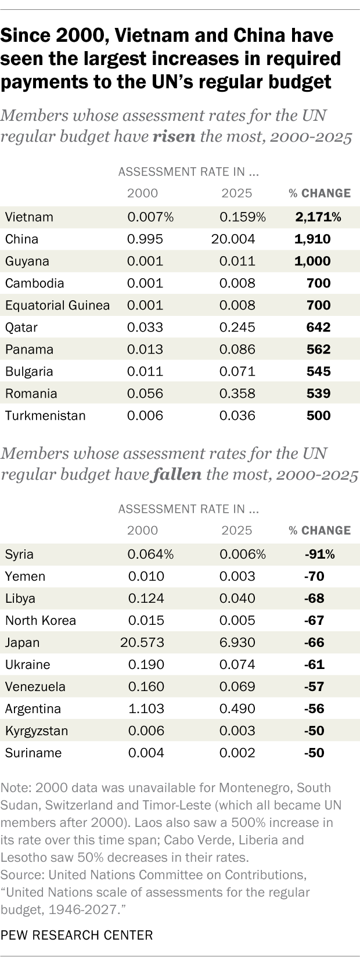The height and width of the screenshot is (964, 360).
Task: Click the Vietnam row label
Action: point(29,217)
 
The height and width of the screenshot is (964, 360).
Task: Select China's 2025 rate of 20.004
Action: point(237,239)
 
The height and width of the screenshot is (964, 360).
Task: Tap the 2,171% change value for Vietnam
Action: point(318,217)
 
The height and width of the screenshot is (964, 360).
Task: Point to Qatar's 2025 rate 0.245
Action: point(237,328)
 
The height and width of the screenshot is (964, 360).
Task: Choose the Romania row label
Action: point(31,394)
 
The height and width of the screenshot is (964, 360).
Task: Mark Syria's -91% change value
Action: point(319,554)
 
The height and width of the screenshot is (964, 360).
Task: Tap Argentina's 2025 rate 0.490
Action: point(237,708)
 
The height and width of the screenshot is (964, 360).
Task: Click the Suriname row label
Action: point(33,753)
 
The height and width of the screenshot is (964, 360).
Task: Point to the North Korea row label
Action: point(41,620)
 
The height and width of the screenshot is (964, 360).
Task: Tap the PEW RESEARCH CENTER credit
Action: point(77,935)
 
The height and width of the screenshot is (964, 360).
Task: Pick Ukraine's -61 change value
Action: point(314,664)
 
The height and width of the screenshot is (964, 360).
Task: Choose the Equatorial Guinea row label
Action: point(57,305)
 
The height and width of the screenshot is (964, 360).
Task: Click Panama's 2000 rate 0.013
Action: point(145,350)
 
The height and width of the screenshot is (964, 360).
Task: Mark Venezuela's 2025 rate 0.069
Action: point(237,686)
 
